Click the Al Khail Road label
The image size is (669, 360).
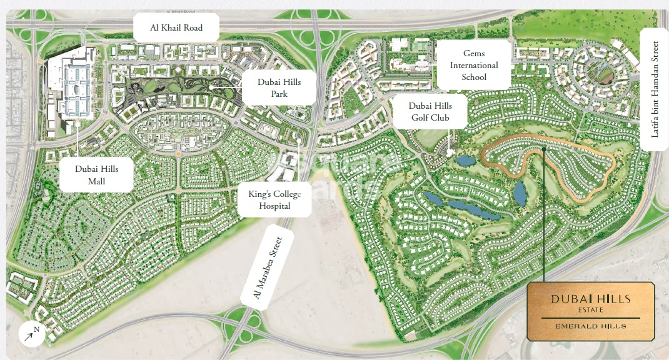(176, 28)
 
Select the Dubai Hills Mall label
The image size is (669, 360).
(97, 175)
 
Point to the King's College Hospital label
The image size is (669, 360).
(274, 200)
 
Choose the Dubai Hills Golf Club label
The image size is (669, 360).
(430, 112)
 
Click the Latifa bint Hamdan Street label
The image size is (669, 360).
(655, 89)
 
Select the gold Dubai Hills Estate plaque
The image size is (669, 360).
(591, 311)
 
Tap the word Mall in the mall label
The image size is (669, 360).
(96, 181)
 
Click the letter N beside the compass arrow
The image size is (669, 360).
(36, 329)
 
